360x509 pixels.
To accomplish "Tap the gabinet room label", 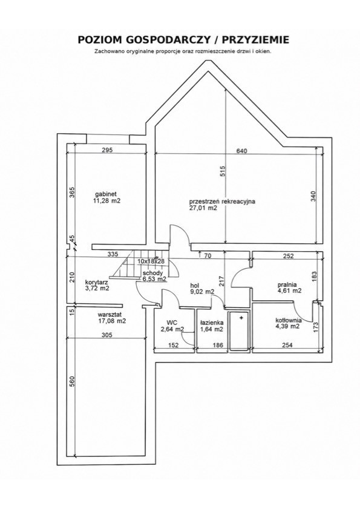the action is (x=106, y=194).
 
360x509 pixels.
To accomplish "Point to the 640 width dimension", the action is (x=242, y=151).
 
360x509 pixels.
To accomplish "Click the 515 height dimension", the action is (x=223, y=171).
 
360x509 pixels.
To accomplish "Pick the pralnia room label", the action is (x=287, y=284).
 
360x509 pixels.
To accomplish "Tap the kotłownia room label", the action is (x=288, y=320).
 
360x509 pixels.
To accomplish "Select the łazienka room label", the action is (x=211, y=323).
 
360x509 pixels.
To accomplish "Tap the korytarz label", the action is (x=97, y=282).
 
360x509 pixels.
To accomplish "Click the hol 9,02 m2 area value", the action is (x=202, y=292).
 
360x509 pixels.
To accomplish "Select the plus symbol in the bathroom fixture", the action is (x=241, y=318).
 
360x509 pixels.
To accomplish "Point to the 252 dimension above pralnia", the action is (x=288, y=256).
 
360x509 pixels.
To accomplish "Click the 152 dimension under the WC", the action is (x=174, y=345).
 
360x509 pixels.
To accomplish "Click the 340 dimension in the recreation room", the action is (x=313, y=196).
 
